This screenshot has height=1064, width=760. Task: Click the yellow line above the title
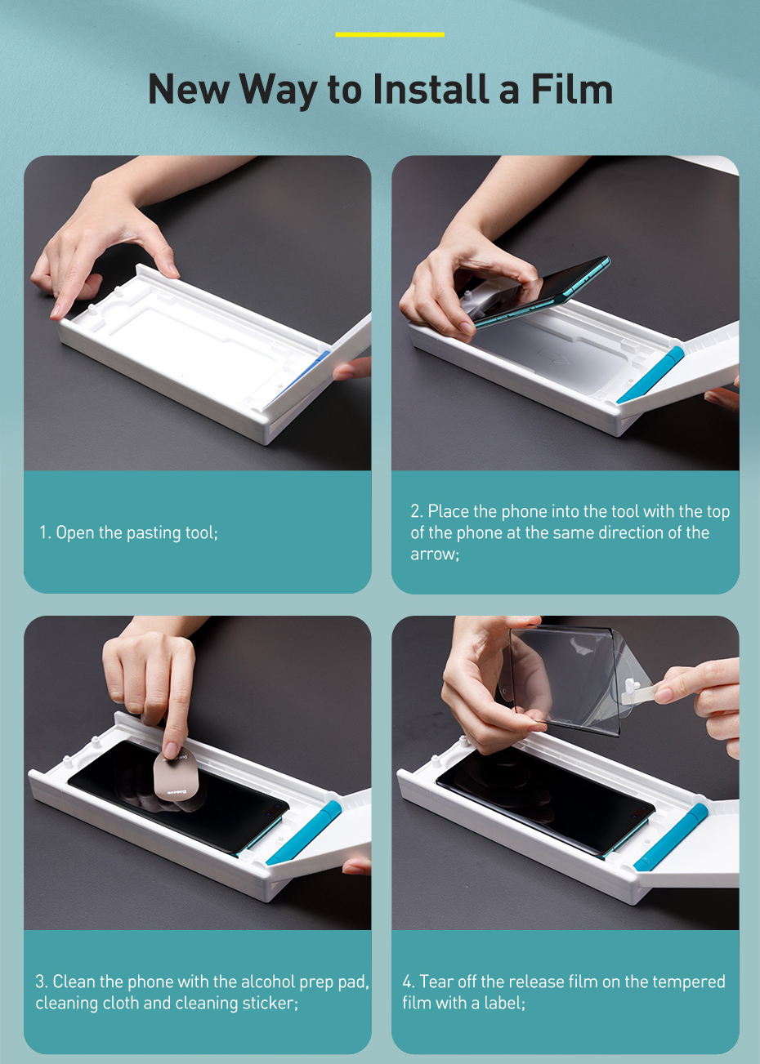pos(390,34)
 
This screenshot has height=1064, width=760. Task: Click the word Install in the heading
pos(432,89)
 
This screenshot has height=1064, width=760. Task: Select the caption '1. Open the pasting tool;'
pos(128,532)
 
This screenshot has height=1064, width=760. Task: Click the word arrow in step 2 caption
pos(435,554)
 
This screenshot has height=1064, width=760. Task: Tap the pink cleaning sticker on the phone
pos(176,775)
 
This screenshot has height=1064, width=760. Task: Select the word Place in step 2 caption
pos(449,511)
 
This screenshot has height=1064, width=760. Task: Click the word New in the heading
pos(189,89)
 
